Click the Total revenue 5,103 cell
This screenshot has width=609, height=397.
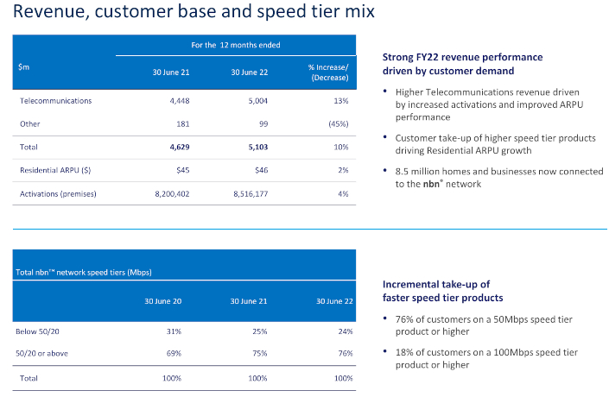point(247,148)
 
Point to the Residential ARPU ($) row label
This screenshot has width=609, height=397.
point(54,171)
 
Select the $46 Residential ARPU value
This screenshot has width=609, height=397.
point(252,171)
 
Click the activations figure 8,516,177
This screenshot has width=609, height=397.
point(241,194)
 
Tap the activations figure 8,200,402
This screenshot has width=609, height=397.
point(169,194)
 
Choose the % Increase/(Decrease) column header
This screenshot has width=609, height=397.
point(327,73)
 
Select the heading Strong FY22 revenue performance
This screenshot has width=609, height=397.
point(462,57)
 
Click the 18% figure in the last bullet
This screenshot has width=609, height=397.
point(403,352)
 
